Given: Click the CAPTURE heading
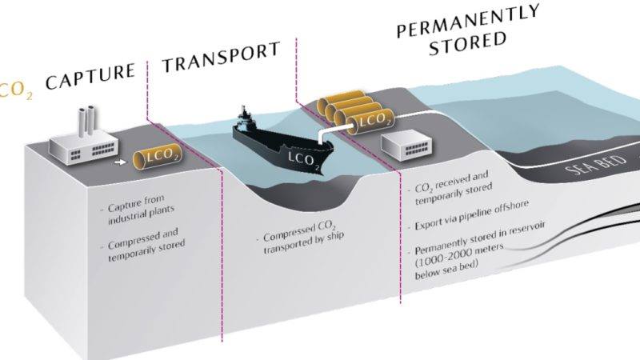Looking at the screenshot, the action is [90, 76].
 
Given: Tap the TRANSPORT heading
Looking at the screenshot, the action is [222, 57].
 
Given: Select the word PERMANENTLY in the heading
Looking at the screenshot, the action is [468, 21].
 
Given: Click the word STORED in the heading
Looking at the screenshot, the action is [468, 44].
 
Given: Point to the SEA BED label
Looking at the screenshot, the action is [595, 164].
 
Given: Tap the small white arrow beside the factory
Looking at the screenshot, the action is [121, 162].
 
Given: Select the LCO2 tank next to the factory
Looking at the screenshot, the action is [158, 157].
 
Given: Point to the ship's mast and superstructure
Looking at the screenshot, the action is [245, 117].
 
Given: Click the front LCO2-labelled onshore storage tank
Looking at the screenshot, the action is [370, 122].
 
